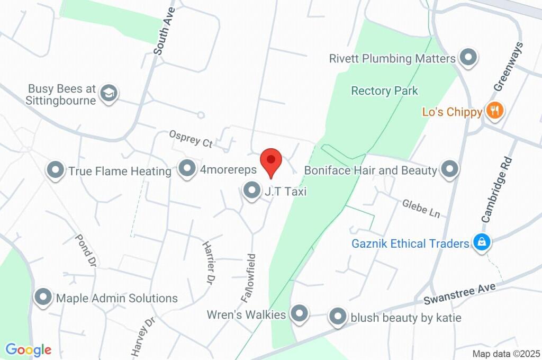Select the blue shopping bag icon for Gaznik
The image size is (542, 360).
482,242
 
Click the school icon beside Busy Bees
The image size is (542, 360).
109,93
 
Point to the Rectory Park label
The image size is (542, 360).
384,91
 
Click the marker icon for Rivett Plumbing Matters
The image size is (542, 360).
468,58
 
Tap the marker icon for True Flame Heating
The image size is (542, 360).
55,170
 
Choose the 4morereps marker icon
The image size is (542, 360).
186,169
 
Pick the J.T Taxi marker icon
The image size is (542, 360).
251,191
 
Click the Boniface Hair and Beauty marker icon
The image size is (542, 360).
449,169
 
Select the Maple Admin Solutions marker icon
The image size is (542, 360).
43,298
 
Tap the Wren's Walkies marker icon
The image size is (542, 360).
300,314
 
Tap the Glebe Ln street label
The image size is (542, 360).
421,208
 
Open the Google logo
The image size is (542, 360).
28,350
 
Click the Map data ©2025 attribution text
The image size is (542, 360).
506,354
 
